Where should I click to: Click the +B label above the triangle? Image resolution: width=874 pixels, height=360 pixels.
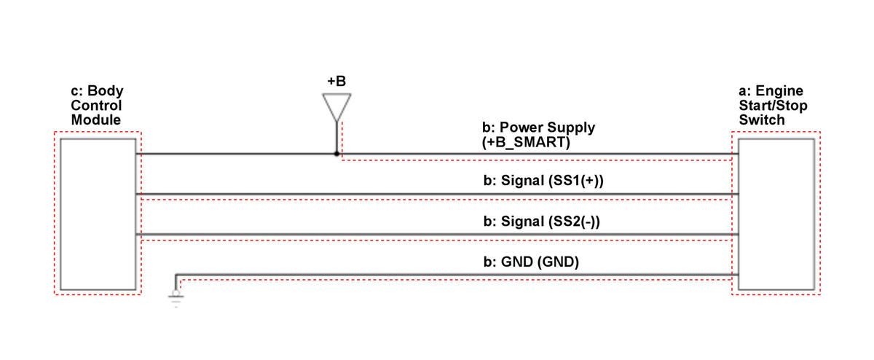(x=336, y=81)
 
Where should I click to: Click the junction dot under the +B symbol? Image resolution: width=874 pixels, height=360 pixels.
(x=336, y=154)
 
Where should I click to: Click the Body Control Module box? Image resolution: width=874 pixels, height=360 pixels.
(x=98, y=214)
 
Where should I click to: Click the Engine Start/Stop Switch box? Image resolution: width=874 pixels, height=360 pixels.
(x=776, y=214)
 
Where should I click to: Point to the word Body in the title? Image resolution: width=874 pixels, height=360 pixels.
(x=106, y=90)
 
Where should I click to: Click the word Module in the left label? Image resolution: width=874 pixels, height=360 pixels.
(x=96, y=120)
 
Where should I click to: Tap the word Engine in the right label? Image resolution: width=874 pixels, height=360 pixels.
(x=779, y=90)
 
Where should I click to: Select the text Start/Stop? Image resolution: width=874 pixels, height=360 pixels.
(x=773, y=106)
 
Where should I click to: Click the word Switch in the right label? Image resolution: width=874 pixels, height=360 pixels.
(x=762, y=120)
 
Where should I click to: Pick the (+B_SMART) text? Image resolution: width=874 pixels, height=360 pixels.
(x=526, y=142)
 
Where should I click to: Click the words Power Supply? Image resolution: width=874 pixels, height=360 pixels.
(x=547, y=128)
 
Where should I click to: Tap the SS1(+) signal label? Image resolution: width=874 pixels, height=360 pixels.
(x=543, y=181)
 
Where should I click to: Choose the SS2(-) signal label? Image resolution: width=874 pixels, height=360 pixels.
(x=542, y=222)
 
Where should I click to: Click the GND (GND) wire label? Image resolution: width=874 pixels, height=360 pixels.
(x=531, y=262)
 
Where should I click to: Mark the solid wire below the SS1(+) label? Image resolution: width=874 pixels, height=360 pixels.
(x=437, y=194)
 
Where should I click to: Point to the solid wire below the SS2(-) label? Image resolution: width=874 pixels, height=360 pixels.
(x=437, y=234)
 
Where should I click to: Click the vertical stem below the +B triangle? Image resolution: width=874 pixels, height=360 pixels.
(x=336, y=137)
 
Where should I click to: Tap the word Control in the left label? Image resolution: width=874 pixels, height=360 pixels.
(x=96, y=106)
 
